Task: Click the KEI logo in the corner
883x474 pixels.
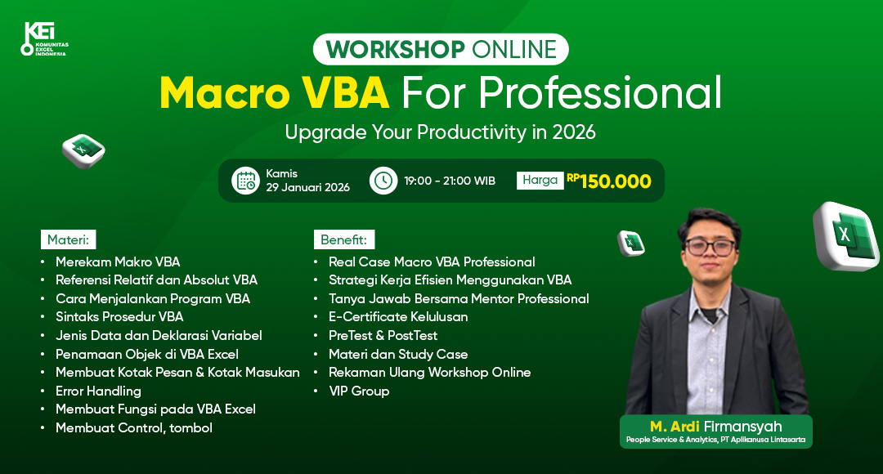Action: coord(43,39)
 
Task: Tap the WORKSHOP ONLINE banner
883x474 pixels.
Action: coord(441,49)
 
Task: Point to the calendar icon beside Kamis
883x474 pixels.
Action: coord(245,181)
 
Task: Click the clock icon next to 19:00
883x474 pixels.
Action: coord(383,181)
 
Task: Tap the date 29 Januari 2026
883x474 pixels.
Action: coord(307,188)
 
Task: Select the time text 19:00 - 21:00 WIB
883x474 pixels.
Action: coord(449,181)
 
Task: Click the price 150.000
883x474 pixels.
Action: coord(615,181)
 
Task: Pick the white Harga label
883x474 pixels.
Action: coord(540,180)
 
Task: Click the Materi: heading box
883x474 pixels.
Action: coord(69,239)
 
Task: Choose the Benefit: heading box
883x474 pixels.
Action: coord(343,239)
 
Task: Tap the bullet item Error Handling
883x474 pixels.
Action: coord(98,391)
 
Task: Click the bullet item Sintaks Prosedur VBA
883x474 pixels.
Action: coord(119,317)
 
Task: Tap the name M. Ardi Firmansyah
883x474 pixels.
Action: coord(715,427)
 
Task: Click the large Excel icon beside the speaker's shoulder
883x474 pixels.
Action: coord(847,235)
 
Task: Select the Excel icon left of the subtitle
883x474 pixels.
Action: coord(83,150)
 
